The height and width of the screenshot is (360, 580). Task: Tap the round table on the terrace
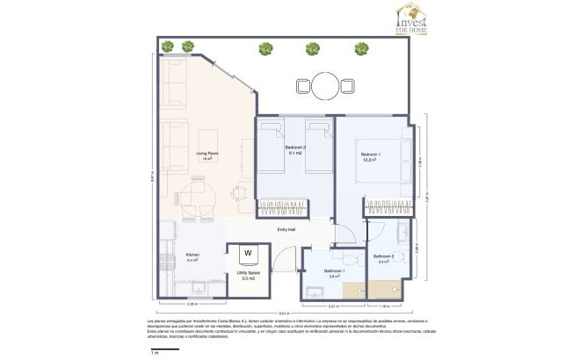[325, 85]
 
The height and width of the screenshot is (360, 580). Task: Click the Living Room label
[207, 155]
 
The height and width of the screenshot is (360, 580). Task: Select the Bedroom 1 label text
[368, 157]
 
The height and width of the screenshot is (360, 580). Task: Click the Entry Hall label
[286, 229]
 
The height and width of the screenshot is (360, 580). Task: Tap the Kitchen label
[192, 258]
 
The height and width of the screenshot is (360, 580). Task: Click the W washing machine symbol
[248, 254]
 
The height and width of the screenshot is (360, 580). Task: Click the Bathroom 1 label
[334, 272]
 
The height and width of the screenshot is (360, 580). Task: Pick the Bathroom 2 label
[383, 258]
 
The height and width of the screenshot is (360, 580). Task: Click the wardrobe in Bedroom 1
[389, 207]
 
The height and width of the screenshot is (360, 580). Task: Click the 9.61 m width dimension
[283, 312]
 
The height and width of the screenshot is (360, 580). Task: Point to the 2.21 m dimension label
[334, 305]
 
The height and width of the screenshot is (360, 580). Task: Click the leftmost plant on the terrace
[187, 47]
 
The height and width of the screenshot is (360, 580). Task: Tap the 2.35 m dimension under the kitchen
[192, 304]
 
